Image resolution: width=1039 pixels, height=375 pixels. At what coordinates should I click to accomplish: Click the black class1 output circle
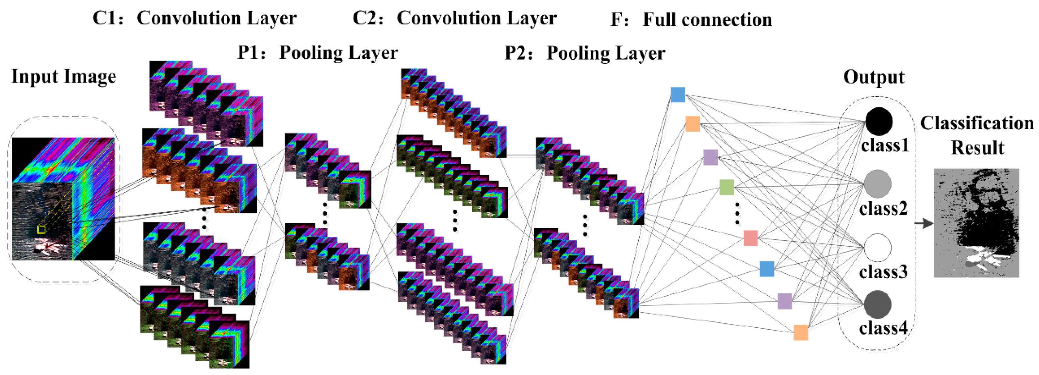(878, 121)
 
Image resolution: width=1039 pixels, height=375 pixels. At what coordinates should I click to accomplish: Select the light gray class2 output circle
(878, 184)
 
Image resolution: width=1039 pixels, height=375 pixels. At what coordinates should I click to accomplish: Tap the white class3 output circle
(878, 248)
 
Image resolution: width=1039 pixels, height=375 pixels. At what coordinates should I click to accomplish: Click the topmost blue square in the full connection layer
(678, 95)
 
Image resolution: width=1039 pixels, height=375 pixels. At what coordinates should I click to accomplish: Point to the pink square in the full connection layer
(751, 238)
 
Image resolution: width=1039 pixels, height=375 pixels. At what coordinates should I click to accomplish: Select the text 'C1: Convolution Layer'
(194, 18)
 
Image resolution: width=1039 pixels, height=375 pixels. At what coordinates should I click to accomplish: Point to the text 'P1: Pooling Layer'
(317, 53)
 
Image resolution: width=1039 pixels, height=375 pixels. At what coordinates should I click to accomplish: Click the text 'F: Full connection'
(691, 19)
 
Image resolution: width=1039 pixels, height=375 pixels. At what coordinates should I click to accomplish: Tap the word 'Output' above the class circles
(873, 77)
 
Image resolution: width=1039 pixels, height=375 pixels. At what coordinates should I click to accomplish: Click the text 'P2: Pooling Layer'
(585, 53)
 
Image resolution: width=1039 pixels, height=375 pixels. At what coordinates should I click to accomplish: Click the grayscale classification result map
(977, 223)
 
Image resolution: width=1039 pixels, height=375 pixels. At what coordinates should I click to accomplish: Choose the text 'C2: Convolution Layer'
(455, 18)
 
